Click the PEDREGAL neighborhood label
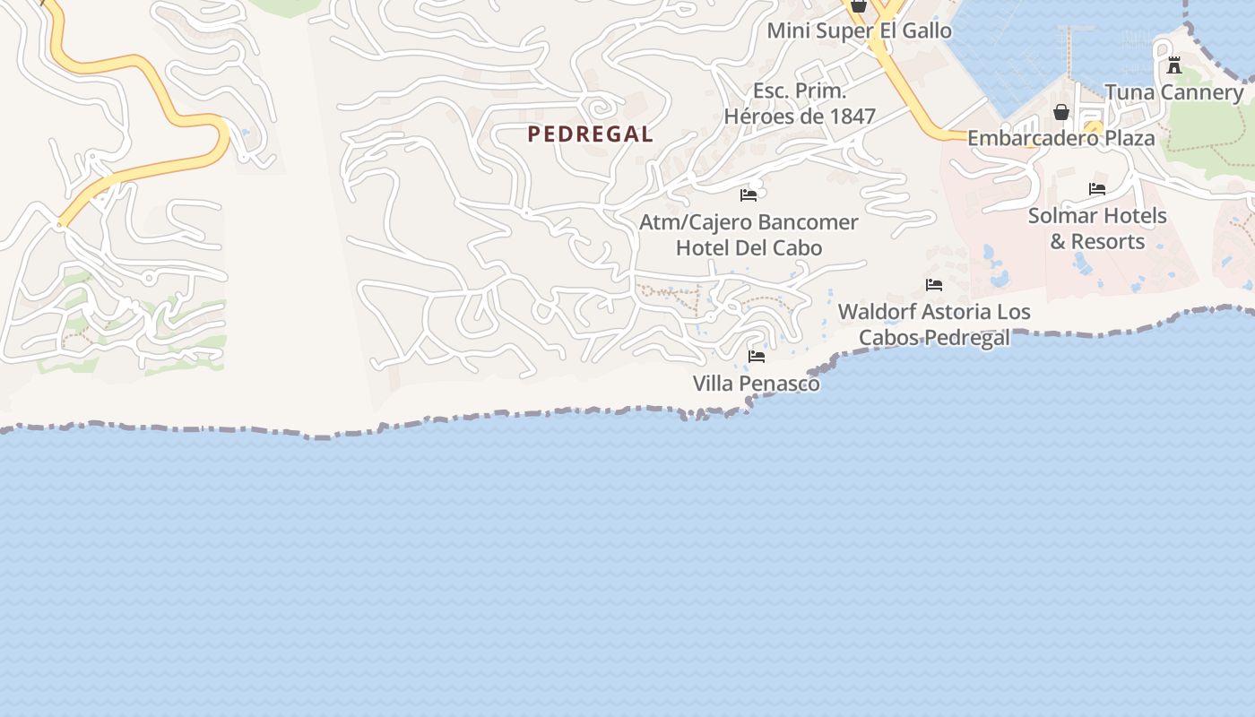590,134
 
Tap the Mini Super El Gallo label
859,30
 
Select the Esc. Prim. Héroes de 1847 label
800,103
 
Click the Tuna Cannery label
1173,92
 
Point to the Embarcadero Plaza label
1060,139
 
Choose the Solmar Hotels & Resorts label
1097,229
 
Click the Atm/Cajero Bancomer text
749,221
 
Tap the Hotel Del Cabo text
749,247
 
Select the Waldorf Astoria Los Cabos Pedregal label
934,324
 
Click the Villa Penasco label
756,384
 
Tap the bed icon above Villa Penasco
757,357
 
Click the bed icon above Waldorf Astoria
934,285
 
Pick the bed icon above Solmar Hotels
1097,189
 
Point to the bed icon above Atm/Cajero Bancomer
749,194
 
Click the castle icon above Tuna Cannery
1173,65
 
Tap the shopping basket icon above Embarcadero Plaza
1061,112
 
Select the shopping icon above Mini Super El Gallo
859,5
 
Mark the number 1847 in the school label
848,117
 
